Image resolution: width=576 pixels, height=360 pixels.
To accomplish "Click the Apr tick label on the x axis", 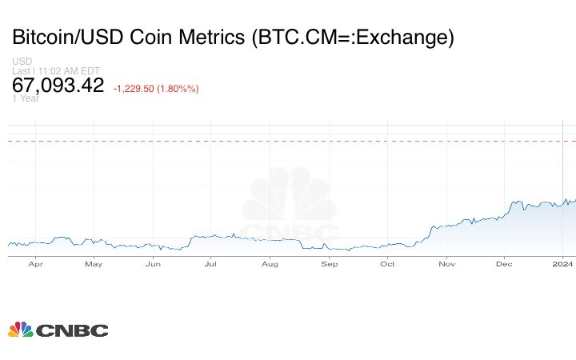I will (35, 263).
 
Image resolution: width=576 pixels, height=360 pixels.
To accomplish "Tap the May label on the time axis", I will (94, 263).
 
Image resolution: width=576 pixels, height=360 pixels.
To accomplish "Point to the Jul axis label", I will (211, 263).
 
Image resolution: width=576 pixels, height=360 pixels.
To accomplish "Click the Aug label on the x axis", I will (270, 263).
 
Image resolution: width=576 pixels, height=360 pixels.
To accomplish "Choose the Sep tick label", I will (329, 263).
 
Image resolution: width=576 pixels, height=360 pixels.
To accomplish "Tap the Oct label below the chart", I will (387, 263).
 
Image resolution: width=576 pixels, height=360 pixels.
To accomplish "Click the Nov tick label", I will (446, 263).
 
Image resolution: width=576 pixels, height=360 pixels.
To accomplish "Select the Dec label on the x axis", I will (504, 263).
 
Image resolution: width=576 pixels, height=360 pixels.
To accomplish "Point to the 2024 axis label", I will (563, 263).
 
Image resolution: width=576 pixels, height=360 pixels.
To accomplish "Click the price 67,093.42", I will (58, 86).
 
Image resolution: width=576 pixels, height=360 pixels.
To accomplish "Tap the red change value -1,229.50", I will (139, 88).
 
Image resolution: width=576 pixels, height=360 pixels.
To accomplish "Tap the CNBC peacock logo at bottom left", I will (21, 330).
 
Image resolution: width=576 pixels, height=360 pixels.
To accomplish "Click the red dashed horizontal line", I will (288, 141).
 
